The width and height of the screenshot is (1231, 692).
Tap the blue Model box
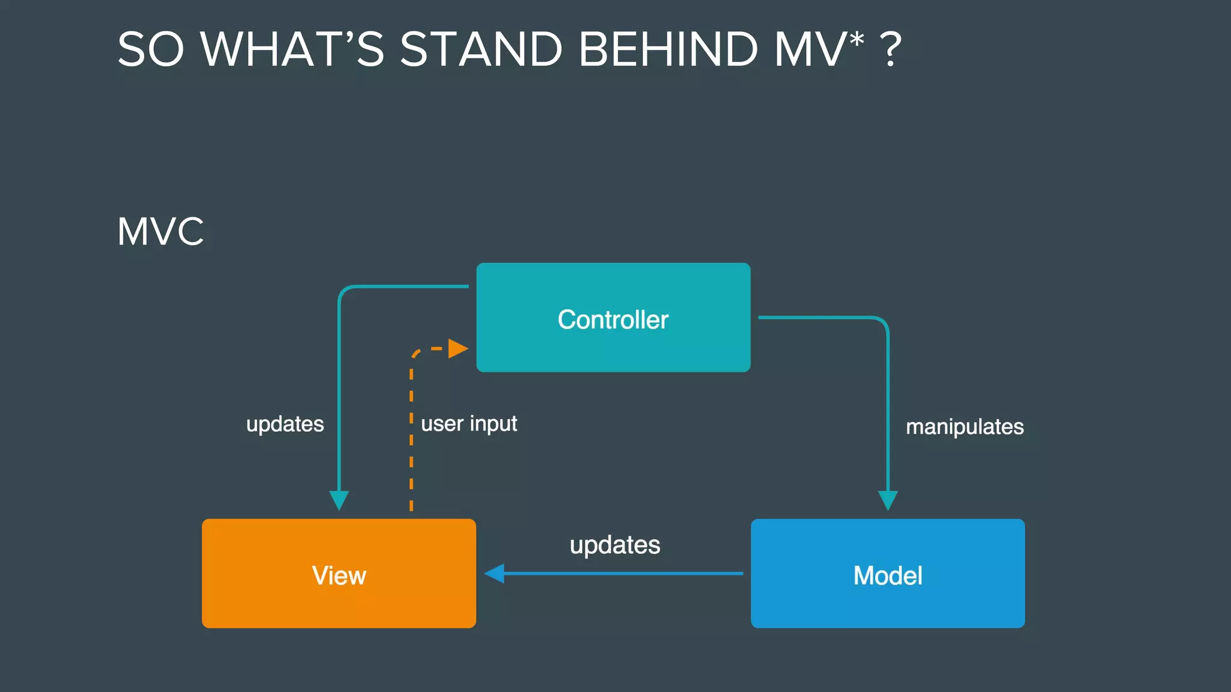tap(888, 604)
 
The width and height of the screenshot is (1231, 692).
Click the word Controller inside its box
tap(613, 320)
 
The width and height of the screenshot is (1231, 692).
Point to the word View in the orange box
tap(339, 575)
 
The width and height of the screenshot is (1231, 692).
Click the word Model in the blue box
tap(888, 575)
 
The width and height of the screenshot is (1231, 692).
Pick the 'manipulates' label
tap(965, 426)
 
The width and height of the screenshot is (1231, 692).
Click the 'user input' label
tap(469, 423)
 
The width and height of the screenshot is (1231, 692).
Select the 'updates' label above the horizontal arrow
tap(615, 545)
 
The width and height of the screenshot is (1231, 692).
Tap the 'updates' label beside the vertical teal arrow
tap(285, 424)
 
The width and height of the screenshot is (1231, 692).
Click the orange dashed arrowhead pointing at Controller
tap(458, 348)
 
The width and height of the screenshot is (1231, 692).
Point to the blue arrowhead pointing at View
tap(494, 574)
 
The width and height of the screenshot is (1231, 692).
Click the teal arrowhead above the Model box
tap(888, 500)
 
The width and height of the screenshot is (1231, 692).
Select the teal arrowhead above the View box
tap(339, 500)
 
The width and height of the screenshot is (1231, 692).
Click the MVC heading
tap(160, 231)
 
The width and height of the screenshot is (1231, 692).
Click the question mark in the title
tap(890, 49)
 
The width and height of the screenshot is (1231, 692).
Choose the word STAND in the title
tap(481, 49)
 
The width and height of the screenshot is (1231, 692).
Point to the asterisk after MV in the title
tap(857, 40)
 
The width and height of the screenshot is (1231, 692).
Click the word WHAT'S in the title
tap(292, 49)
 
